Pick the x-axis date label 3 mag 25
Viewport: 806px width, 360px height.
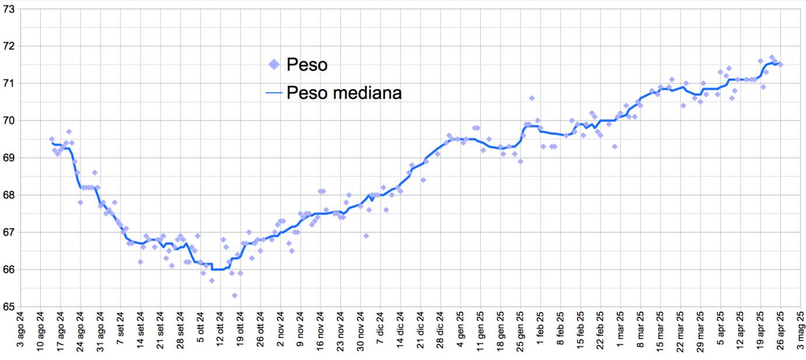click(x=801, y=333)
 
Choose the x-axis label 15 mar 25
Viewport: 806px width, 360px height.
click(x=660, y=333)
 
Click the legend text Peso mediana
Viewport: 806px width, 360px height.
click(x=344, y=93)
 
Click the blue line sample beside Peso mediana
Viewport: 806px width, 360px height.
click(x=274, y=93)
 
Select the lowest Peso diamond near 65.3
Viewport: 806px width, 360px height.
click(x=234, y=295)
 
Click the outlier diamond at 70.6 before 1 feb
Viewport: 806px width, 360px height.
click(x=532, y=98)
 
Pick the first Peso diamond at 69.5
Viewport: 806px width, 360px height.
click(x=52, y=139)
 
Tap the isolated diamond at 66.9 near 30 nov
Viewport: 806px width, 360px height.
click(x=366, y=236)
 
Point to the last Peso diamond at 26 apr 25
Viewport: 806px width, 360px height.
click(x=780, y=65)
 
